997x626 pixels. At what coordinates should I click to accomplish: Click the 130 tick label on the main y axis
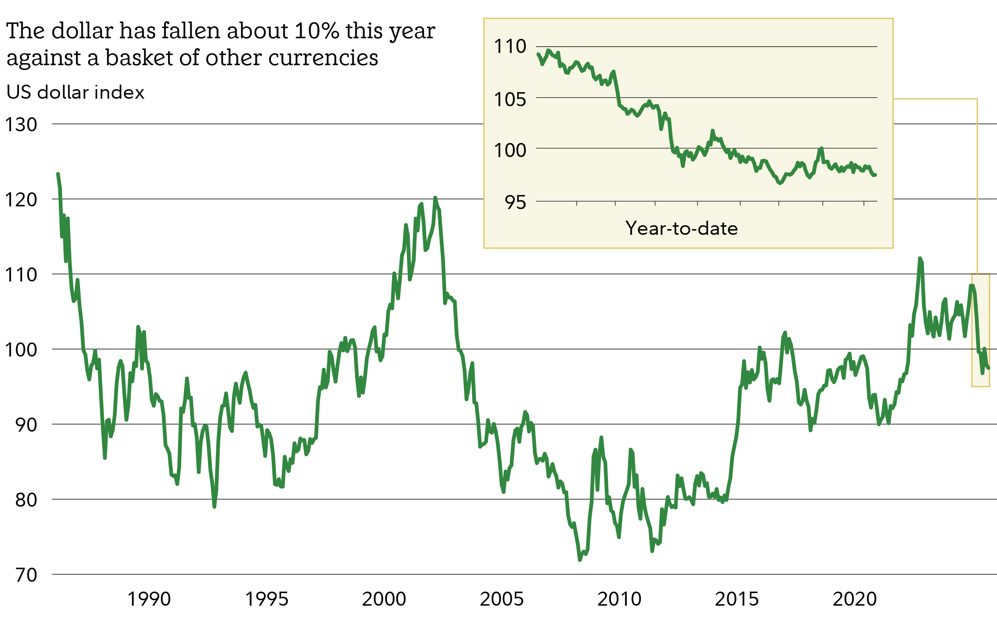21,125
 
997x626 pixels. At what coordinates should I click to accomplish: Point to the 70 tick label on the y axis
26,575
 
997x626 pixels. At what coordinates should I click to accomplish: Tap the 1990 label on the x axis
149,599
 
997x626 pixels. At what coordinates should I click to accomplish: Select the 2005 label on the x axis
501,599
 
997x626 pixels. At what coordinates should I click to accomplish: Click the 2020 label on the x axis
855,599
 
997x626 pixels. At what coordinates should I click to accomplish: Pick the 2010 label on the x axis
619,599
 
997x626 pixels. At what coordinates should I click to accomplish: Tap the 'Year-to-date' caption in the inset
681,228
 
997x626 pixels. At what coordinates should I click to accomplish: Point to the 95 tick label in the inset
515,202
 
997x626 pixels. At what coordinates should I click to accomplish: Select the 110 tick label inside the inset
510,46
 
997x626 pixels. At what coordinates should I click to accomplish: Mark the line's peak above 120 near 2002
435,198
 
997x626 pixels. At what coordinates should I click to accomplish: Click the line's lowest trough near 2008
580,560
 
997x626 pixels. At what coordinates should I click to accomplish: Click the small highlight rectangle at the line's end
981,330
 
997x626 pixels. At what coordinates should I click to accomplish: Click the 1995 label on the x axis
266,599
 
